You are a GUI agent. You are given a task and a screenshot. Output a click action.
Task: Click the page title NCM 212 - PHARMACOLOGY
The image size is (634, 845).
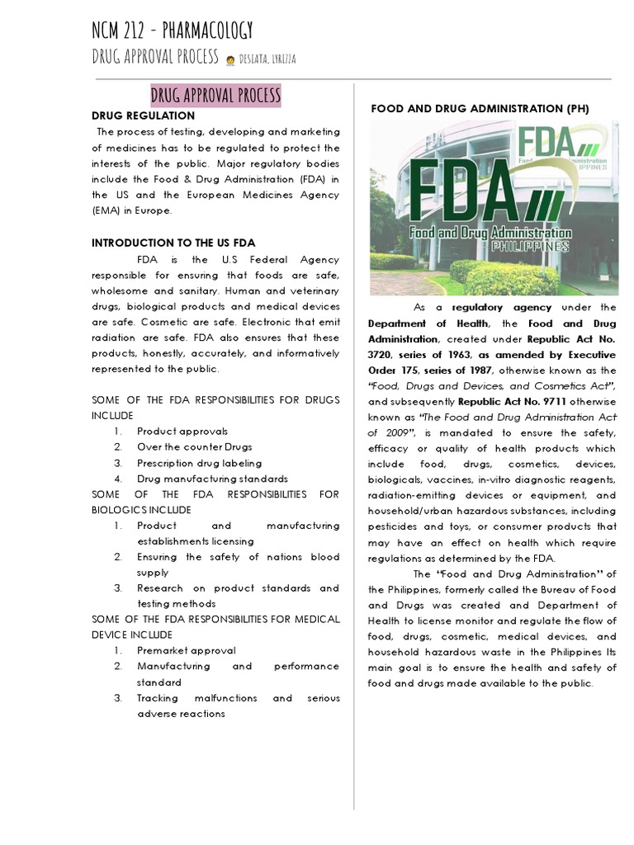point(172,31)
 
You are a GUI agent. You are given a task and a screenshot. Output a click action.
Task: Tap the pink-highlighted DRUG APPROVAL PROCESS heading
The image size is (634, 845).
point(215,94)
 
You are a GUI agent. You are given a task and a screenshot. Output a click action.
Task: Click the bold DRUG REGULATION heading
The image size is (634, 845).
point(143,116)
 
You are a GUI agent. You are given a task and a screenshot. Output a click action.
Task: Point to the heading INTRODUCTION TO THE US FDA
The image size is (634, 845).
point(173,243)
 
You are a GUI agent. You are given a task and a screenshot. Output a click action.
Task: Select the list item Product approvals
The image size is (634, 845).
point(182,431)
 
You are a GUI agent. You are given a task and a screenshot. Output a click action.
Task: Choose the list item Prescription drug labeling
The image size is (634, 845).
point(199,462)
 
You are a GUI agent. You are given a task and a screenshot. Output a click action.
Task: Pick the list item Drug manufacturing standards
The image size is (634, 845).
point(212,478)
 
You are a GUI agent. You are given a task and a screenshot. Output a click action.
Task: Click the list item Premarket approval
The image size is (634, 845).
point(186,650)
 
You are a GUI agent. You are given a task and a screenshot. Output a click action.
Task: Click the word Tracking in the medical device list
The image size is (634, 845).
point(162,697)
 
